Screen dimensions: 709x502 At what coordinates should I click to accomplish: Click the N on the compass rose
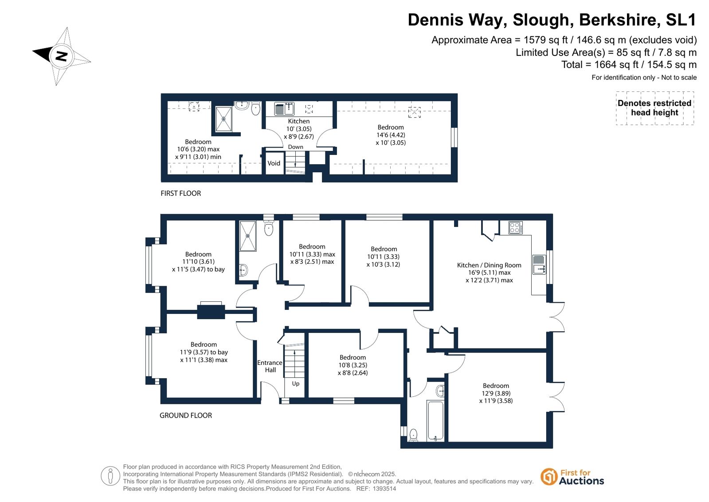[61, 56]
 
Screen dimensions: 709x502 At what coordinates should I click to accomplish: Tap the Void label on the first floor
[274, 163]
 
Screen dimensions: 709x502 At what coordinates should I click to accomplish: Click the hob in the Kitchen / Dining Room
[516, 228]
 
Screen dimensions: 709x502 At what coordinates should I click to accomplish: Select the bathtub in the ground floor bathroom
[435, 420]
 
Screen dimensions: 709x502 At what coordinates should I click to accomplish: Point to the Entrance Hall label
[270, 366]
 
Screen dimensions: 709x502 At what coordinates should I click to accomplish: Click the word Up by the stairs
[296, 384]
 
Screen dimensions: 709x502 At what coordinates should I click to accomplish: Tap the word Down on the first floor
[295, 147]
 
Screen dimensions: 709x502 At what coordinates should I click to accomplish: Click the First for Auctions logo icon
[548, 477]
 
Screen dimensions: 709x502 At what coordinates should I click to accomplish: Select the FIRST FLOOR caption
[181, 194]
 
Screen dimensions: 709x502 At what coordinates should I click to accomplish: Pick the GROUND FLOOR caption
[185, 415]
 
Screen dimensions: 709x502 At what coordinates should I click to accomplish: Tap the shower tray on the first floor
[223, 119]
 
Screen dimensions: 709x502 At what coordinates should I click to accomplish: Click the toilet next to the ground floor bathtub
[413, 435]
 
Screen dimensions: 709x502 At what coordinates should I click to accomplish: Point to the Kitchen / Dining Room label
[489, 265]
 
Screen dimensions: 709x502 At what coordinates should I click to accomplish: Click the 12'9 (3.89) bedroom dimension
[496, 393]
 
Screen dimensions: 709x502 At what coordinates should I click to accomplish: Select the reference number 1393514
[384, 489]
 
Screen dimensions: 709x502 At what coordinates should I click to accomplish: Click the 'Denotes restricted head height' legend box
[654, 108]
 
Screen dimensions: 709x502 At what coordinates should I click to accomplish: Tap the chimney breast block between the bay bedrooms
[211, 312]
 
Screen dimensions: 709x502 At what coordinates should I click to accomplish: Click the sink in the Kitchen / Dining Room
[539, 265]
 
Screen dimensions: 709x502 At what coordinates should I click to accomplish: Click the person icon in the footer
[110, 476]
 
